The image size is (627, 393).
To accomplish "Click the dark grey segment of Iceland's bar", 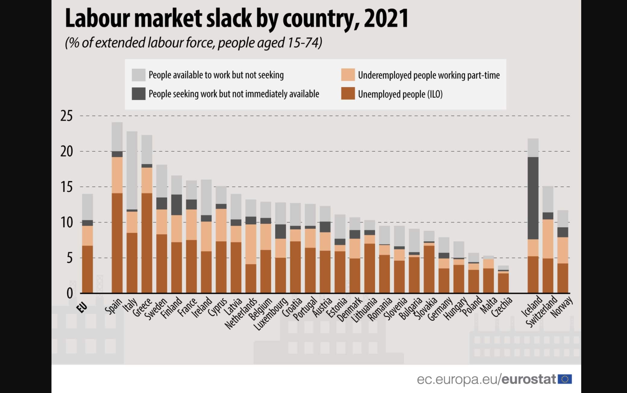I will click(x=533, y=198).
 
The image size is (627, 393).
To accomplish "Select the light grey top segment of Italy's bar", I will click(x=132, y=170).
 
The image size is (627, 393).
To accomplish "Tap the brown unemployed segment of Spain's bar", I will click(x=117, y=243).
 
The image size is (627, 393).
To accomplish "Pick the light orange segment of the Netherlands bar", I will click(x=251, y=244).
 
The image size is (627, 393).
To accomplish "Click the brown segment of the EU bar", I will click(x=87, y=269).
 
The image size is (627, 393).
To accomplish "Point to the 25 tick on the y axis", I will click(x=67, y=116).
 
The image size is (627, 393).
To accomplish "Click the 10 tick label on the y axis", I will click(x=67, y=223).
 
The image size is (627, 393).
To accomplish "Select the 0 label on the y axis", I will click(x=70, y=293).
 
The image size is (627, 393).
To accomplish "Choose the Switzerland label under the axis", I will click(x=542, y=312).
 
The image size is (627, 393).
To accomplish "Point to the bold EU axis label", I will click(x=82, y=308).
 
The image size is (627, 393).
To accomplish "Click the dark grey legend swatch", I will click(x=138, y=94).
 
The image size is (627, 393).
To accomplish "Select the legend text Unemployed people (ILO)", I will click(x=400, y=94).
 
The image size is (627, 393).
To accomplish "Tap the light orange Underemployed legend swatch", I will click(x=348, y=75).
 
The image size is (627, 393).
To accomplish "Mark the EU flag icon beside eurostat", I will click(x=565, y=379).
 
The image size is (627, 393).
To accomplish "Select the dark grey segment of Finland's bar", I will click(x=177, y=205).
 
